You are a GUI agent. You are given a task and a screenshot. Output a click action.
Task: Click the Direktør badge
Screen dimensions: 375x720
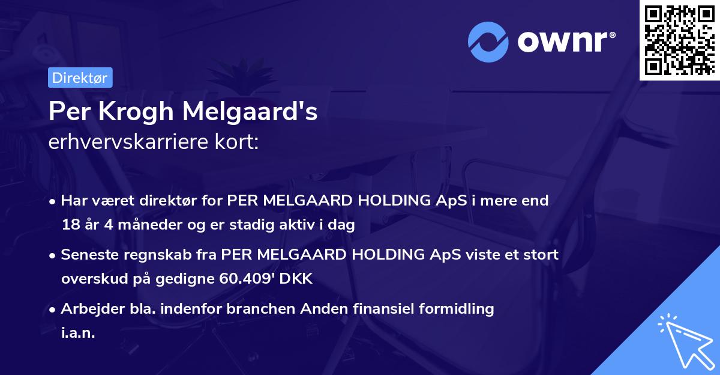tap(80, 78)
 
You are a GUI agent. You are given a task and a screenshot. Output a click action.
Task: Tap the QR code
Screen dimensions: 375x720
tap(679, 40)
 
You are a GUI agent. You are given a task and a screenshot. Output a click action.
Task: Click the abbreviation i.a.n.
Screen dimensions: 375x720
tap(78, 333)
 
